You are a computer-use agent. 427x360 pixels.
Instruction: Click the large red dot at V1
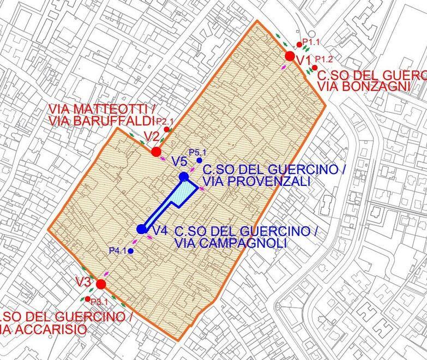[x=290, y=56]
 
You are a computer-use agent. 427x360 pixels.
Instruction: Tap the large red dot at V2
[x=156, y=151]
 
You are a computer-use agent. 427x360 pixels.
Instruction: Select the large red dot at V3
[x=100, y=284]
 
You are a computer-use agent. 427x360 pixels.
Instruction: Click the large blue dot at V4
[x=142, y=230]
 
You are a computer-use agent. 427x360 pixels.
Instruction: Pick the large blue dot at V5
[x=184, y=177]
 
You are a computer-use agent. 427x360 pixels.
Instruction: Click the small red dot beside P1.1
[x=299, y=45]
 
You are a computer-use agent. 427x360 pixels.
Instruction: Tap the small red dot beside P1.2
[x=314, y=67]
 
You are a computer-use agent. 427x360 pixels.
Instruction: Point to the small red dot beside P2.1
[x=166, y=129]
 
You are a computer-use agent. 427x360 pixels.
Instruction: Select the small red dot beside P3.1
[x=88, y=299]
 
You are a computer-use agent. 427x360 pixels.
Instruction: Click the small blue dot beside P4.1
[x=131, y=251]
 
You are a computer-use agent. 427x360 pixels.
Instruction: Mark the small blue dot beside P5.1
[x=199, y=161]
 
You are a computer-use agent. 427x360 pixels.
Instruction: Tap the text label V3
[x=83, y=283]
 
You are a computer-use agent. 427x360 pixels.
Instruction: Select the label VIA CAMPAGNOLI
[x=230, y=243]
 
